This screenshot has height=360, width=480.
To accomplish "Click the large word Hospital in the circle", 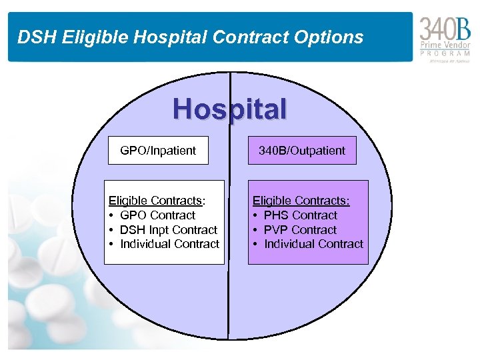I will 230,109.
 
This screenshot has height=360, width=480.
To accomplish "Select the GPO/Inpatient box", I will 158,151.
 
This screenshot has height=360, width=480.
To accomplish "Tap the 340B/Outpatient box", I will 302,151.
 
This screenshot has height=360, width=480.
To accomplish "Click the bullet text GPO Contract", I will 157,215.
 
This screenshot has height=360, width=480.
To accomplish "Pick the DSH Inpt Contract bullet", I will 169,230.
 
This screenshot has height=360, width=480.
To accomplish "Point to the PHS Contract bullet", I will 301,215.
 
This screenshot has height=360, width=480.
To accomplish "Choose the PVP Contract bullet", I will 300,230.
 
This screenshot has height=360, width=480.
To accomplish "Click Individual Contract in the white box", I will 169,244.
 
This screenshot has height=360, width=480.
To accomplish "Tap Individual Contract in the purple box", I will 313,244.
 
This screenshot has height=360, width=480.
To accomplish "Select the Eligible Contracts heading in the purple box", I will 301,201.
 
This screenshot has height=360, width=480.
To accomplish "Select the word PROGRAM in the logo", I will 445,53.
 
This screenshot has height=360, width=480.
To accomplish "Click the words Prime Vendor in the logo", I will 445,45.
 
